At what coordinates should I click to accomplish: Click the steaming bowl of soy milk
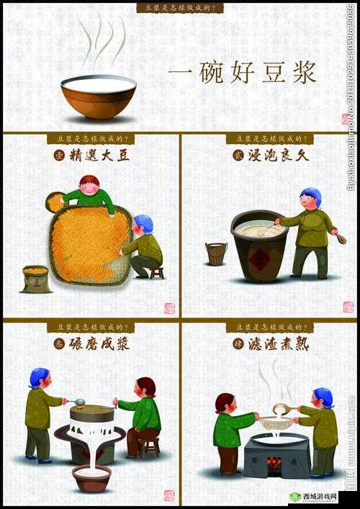pyautogui.click(x=99, y=95)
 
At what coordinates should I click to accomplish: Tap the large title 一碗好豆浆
pyautogui.click(x=243, y=73)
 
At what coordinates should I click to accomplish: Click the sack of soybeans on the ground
pyautogui.click(x=36, y=279)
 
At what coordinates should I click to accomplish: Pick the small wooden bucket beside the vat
pyautogui.click(x=216, y=253)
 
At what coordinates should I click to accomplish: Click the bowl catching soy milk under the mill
pyautogui.click(x=92, y=477)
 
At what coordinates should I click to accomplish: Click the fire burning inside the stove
pyautogui.click(x=274, y=463)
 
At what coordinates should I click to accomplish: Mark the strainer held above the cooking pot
pyautogui.click(x=276, y=423)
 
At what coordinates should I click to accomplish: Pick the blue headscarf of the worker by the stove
pyautogui.click(x=323, y=396)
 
